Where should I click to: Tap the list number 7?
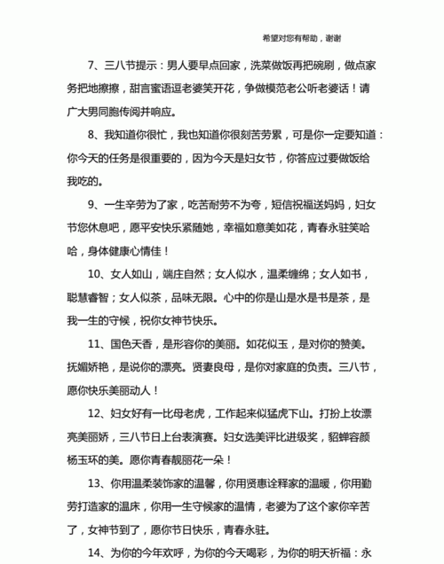point(91,65)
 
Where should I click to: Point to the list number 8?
point(91,135)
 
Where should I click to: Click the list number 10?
point(95,274)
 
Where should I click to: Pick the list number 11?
point(95,343)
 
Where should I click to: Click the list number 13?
point(95,482)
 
